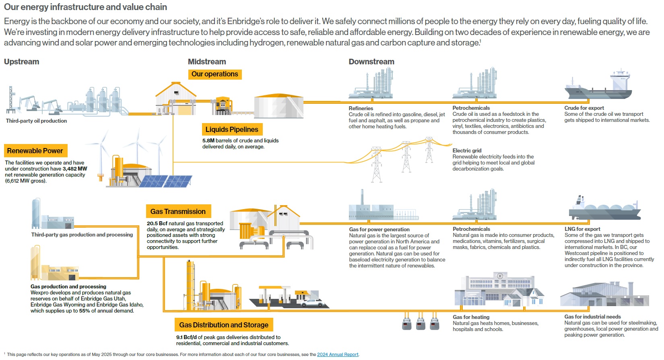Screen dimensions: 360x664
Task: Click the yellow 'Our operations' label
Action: click(x=214, y=74)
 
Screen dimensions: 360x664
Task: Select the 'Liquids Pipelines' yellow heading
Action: click(x=232, y=130)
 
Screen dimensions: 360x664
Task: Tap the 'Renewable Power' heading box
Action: click(x=35, y=151)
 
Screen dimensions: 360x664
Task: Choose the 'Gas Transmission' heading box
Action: click(x=178, y=212)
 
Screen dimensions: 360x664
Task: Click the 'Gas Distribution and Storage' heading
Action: click(x=224, y=325)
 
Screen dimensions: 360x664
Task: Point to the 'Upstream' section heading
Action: click(x=22, y=62)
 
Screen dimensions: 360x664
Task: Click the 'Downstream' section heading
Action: click(x=371, y=62)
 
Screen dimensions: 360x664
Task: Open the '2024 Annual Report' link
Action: click(x=337, y=354)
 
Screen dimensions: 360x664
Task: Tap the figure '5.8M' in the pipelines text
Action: click(x=208, y=141)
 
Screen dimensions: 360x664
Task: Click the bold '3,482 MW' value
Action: click(x=74, y=169)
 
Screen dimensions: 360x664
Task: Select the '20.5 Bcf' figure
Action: click(x=157, y=224)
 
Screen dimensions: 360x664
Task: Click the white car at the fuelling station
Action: click(x=312, y=302)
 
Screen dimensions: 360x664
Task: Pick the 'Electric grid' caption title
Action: click(x=467, y=150)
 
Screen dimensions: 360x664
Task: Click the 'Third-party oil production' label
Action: click(x=36, y=121)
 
